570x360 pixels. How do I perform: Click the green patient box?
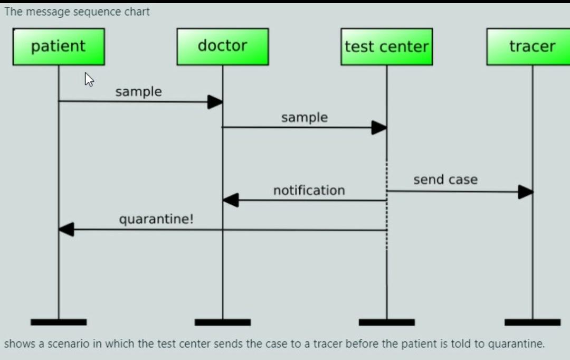click(59, 46)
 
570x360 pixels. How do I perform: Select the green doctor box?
click(222, 46)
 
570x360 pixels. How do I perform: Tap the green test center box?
click(386, 46)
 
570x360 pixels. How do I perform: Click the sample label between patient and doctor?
click(138, 91)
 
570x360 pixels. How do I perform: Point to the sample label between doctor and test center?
click(304, 117)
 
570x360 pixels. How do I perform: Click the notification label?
click(309, 190)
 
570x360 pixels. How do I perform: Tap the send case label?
click(445, 179)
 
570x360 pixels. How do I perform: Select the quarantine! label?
click(156, 219)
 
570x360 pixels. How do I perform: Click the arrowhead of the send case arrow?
click(526, 192)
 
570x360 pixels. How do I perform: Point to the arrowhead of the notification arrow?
click(231, 200)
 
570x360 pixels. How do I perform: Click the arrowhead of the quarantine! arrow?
click(66, 230)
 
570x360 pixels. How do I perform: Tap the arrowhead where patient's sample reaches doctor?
click(215, 102)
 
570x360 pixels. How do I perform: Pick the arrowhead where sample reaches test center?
click(379, 128)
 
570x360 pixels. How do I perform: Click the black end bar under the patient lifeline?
click(59, 322)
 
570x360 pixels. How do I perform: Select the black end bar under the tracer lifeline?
click(532, 322)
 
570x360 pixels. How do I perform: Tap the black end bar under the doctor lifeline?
click(222, 322)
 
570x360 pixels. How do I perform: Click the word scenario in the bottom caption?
click(65, 344)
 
